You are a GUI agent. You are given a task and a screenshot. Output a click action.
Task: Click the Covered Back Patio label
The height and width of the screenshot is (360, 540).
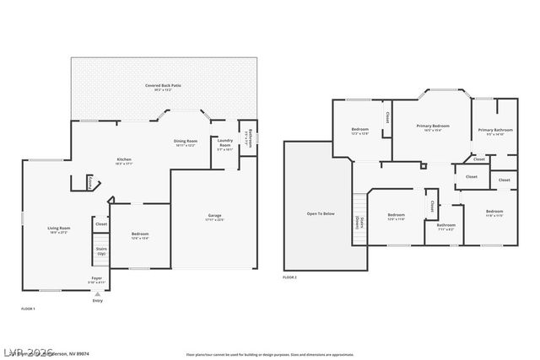tap(164, 86)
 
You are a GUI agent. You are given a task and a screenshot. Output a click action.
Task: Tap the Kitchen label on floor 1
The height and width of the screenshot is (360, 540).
tap(123, 160)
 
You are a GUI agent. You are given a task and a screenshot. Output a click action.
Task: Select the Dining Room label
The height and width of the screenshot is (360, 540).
tap(186, 142)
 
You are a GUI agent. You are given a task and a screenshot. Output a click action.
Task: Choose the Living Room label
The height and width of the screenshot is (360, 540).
tap(58, 228)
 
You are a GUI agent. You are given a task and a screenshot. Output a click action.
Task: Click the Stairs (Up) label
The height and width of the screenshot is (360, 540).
tap(100, 250)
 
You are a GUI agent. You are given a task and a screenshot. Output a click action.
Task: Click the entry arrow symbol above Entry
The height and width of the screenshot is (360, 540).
tap(97, 294)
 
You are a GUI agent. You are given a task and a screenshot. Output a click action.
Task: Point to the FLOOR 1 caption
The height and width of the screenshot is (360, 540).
tap(28, 309)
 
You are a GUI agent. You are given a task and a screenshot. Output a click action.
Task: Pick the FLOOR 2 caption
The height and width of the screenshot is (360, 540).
tap(289, 277)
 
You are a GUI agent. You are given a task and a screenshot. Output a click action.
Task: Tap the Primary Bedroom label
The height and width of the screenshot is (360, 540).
tap(433, 126)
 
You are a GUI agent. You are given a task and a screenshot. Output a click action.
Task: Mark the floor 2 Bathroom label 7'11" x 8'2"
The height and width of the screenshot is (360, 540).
tap(445, 226)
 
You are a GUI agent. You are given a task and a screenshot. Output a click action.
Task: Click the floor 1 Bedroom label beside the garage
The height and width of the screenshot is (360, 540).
tap(140, 235)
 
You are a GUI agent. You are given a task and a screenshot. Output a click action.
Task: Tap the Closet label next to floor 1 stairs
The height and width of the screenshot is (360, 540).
tap(100, 224)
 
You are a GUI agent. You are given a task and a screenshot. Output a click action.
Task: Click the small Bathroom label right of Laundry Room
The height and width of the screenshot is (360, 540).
tap(248, 136)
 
